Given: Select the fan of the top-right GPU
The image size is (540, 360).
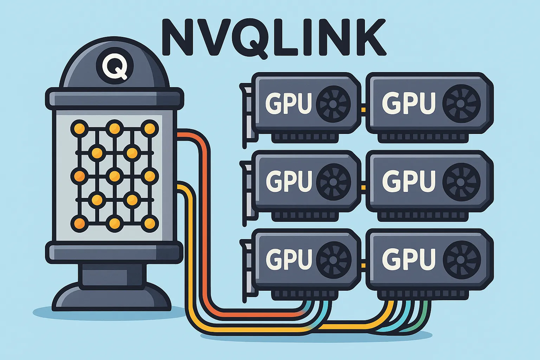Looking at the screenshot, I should point(461,103).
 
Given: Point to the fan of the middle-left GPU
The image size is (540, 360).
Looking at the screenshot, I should point(333,181).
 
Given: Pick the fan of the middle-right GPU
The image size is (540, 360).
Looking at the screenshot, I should point(461,181).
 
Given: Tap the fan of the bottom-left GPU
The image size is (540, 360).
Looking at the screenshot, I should point(333,259).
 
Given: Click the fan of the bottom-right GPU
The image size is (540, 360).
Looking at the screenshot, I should point(461,259).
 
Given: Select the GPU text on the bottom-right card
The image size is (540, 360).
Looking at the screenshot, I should point(408,259).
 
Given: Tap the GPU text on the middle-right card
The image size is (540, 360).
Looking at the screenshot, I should point(408,181).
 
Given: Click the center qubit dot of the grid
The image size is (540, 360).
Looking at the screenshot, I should point(115,175).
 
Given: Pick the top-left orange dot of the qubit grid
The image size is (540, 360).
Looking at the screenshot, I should point(79,129).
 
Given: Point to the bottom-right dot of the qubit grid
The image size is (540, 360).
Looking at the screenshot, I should point(150,223).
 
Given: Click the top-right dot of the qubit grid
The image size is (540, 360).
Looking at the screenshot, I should point(150,129).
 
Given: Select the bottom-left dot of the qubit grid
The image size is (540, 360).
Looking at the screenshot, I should point(79,223).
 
